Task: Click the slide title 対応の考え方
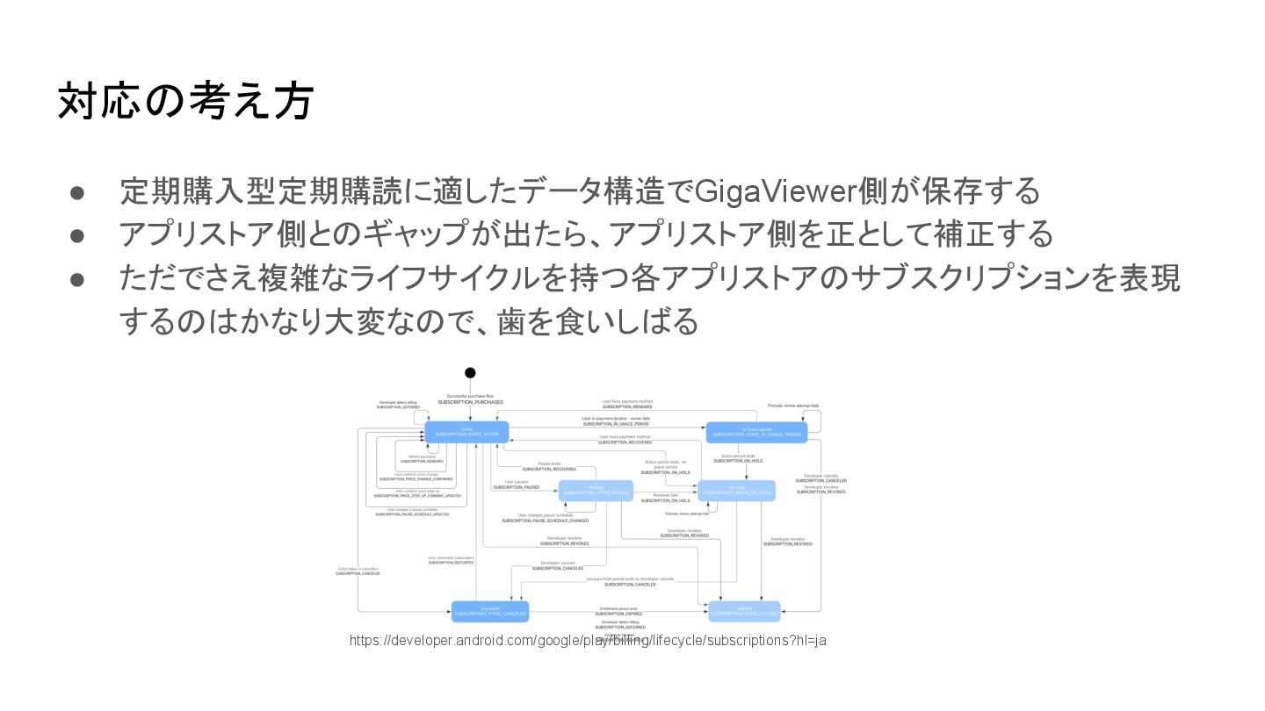[185, 101]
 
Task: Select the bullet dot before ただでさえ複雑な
[77, 279]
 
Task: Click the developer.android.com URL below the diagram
[588, 641]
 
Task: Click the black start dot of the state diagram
[470, 373]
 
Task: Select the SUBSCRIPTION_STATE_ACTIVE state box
[466, 432]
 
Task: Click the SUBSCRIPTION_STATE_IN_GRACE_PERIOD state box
[756, 432]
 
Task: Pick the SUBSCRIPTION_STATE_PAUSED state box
[596, 491]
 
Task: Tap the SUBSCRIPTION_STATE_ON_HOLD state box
[736, 491]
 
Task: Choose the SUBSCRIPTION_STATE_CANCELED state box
[490, 611]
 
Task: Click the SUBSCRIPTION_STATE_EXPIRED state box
[744, 611]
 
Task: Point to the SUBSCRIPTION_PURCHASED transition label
[470, 402]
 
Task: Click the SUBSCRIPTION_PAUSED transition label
[516, 487]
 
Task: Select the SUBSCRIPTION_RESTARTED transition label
[451, 563]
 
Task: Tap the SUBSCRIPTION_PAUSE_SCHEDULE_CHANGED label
[545, 521]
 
